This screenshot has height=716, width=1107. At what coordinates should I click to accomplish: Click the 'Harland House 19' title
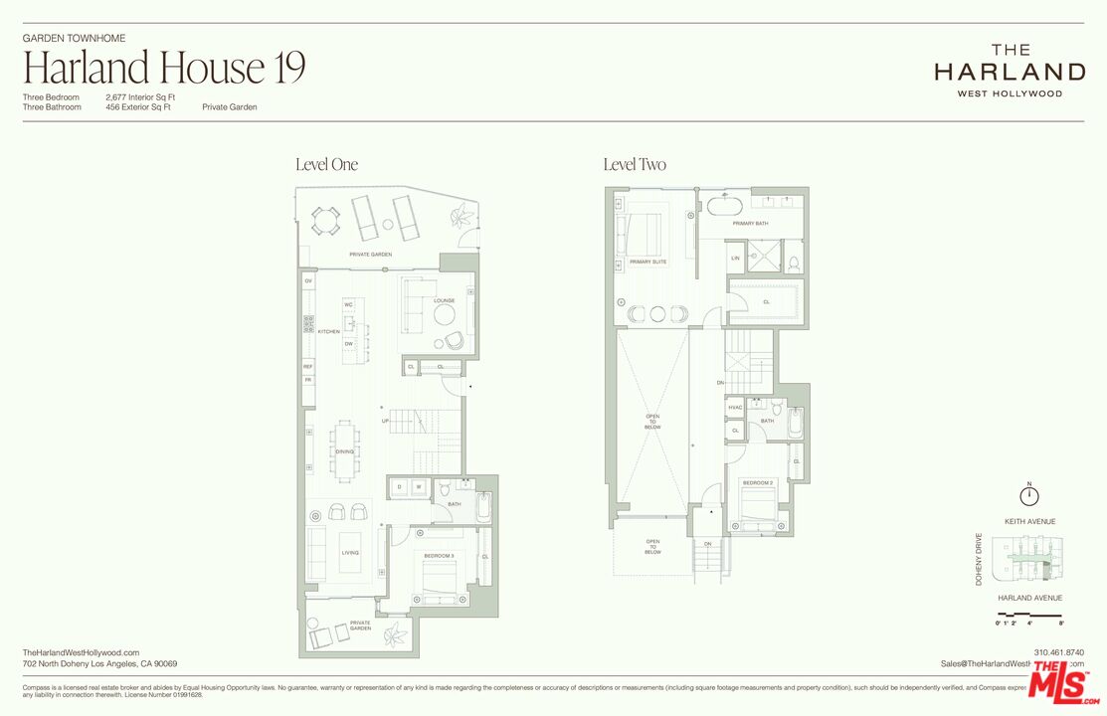[164, 68]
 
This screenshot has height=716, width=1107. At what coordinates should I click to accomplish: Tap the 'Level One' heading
[326, 165]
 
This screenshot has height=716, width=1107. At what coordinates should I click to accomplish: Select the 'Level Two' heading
[635, 165]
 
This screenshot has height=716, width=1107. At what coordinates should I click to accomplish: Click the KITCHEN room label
[328, 331]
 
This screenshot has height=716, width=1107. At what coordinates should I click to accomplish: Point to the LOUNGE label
[444, 299]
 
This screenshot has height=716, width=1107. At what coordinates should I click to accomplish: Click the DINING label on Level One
[344, 452]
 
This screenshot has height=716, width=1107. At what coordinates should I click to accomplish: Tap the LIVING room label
[350, 553]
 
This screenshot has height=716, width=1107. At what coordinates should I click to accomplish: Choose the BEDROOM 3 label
[439, 555]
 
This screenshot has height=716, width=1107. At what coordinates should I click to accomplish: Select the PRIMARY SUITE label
[648, 263]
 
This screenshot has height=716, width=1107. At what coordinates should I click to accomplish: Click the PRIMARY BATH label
[750, 224]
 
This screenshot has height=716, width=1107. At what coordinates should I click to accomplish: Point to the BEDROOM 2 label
[757, 483]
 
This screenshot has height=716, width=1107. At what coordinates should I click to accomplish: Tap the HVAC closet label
[735, 408]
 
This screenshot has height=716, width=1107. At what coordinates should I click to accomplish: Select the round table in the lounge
[445, 315]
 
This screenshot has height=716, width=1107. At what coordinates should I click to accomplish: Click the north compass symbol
[1029, 494]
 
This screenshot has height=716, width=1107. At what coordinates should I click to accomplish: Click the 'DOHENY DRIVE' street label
[979, 559]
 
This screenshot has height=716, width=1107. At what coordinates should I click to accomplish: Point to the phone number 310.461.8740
[1059, 652]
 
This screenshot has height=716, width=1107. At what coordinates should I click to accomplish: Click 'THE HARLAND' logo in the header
[1010, 70]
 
